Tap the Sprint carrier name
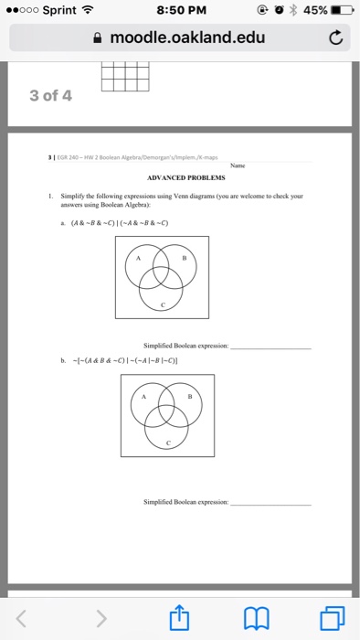[x=58, y=12]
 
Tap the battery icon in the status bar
[x=342, y=12]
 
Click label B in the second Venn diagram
[x=190, y=397]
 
